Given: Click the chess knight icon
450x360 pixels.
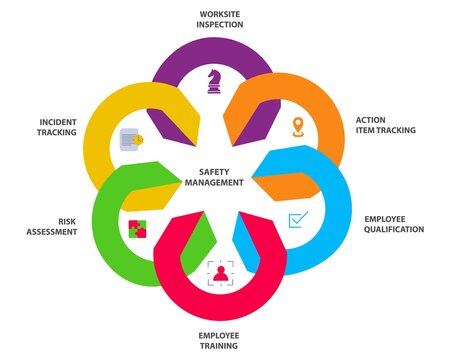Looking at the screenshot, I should [214, 82].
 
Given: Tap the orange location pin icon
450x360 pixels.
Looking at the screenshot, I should [297, 127].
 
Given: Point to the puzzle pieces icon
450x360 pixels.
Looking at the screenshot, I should [136, 227].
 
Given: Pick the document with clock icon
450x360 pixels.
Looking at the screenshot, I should [131, 139].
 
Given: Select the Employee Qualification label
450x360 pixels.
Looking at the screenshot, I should [394, 224].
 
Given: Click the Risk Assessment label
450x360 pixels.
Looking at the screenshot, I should [51, 225].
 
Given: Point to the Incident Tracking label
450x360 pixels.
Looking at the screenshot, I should [51, 127].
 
